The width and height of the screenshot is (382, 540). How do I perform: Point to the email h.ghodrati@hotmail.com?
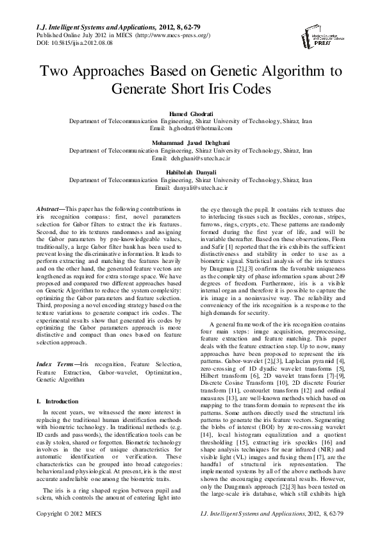point(190,128)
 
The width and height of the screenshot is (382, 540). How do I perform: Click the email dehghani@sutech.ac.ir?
point(190,156)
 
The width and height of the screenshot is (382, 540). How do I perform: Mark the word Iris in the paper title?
point(219,88)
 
